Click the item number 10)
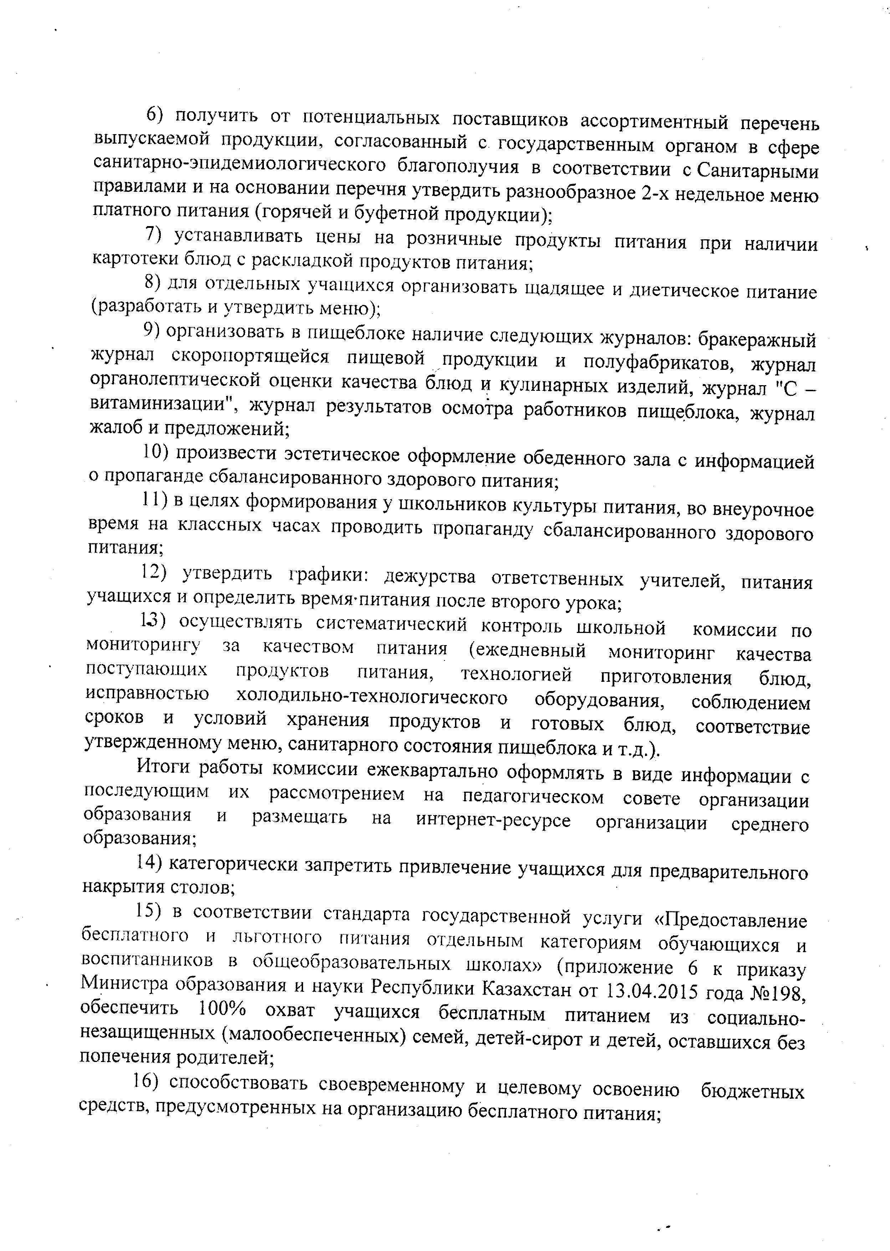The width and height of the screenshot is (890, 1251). [x=154, y=452]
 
